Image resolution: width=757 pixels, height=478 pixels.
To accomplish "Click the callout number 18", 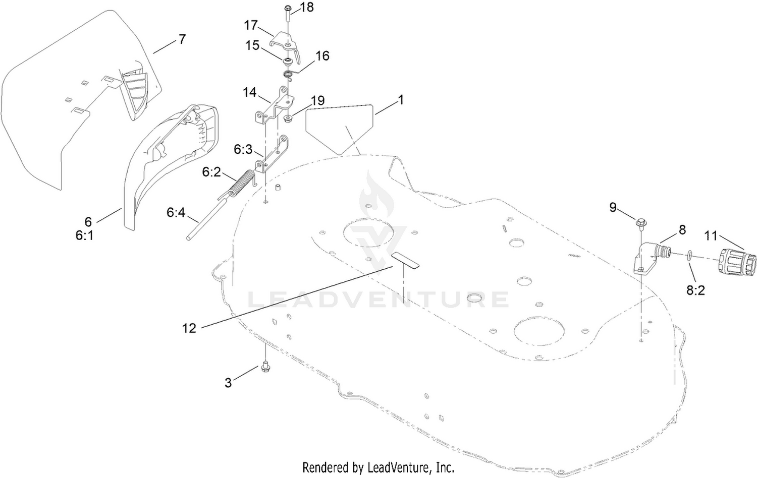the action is pos(307,8).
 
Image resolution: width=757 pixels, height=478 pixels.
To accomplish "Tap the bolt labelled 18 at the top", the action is pos(288,12).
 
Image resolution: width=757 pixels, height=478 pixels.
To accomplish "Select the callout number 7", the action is pos(182,39).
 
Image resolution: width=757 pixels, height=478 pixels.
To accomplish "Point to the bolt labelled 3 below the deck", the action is pos(265,367).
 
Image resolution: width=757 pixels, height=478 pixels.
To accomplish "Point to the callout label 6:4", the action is pos(176,213).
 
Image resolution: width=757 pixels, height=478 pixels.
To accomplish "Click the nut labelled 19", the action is pos(288,119).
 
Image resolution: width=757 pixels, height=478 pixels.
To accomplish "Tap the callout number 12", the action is pos(189,328).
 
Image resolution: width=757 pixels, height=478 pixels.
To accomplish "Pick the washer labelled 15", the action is pos(288,62).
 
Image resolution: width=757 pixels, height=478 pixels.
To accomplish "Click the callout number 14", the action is pos(250,92).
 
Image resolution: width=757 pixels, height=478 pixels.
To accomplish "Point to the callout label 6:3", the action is pos(243,149).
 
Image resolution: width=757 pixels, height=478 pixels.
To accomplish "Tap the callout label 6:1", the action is pos(84,235).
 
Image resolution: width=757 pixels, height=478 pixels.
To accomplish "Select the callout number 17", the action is pos(251,25).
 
